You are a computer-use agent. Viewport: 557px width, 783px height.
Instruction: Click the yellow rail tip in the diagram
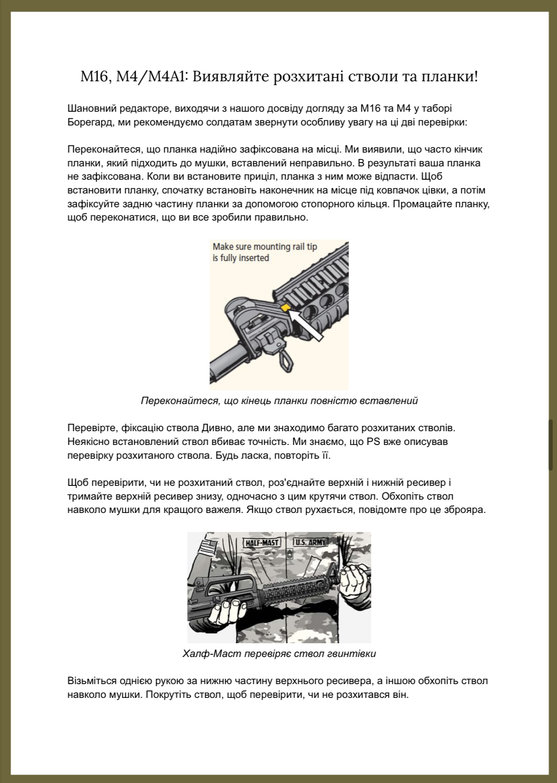point(285,308)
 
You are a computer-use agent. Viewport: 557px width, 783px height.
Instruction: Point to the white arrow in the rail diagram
point(308,325)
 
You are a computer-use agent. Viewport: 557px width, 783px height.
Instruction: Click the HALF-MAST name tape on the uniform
point(261,542)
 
